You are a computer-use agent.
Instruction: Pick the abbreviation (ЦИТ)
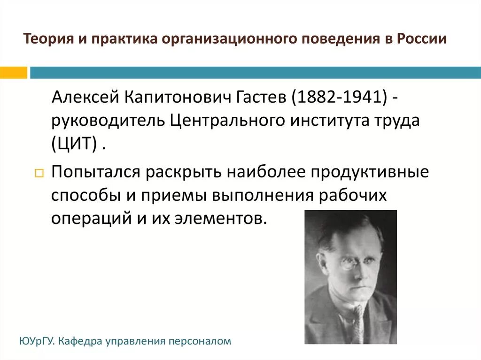(x=75, y=143)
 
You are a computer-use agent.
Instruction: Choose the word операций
(x=85, y=219)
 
